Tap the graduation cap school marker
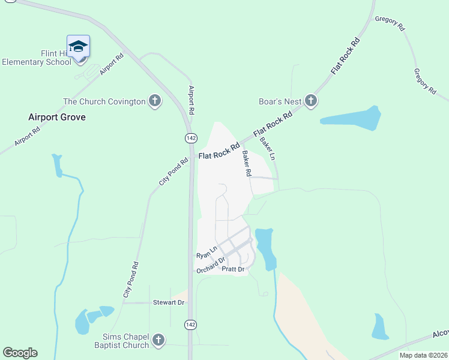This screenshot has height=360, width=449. click(x=78, y=46)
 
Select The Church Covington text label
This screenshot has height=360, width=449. click(x=104, y=101)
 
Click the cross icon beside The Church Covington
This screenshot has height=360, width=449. click(x=155, y=101)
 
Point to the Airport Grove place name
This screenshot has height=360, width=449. click(x=57, y=117)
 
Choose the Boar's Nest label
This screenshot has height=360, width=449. click(x=280, y=101)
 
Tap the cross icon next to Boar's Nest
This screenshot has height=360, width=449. click(x=311, y=101)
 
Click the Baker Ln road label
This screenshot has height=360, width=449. click(x=268, y=149)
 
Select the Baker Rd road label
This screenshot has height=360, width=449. click(x=247, y=163)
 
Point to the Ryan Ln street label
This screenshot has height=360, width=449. click(x=206, y=253)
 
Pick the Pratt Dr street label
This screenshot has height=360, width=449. click(x=234, y=270)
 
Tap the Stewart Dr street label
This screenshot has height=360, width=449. click(x=168, y=302)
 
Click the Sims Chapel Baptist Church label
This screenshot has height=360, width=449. click(x=121, y=341)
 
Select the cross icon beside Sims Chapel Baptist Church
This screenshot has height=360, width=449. click(x=158, y=341)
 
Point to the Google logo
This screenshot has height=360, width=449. click(x=20, y=353)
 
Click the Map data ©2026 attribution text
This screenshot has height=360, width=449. click(x=423, y=355)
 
